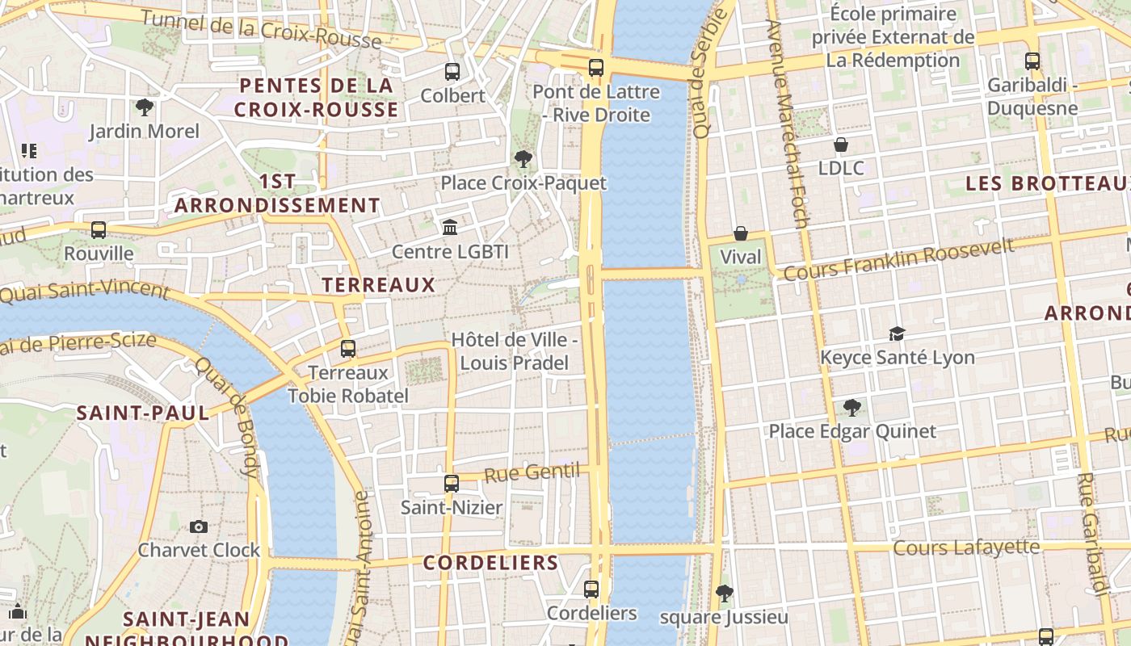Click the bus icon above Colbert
click(452, 72)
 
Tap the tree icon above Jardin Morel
click(145, 107)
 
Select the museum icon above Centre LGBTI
click(450, 228)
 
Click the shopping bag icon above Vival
click(740, 233)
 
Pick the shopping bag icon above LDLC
click(841, 145)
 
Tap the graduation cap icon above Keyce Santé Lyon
click(897, 333)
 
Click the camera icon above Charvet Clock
click(199, 526)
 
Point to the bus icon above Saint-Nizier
click(452, 484)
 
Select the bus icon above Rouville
click(99, 230)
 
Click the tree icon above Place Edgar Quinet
click(851, 407)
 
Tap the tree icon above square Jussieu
click(724, 594)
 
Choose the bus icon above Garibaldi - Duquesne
click(1032, 61)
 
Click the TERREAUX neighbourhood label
click(378, 285)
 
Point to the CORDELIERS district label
click(490, 563)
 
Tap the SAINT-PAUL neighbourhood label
click(142, 413)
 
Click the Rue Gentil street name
click(532, 472)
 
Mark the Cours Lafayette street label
click(965, 547)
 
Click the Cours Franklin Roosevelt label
click(898, 259)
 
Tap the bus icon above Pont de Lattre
click(596, 68)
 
